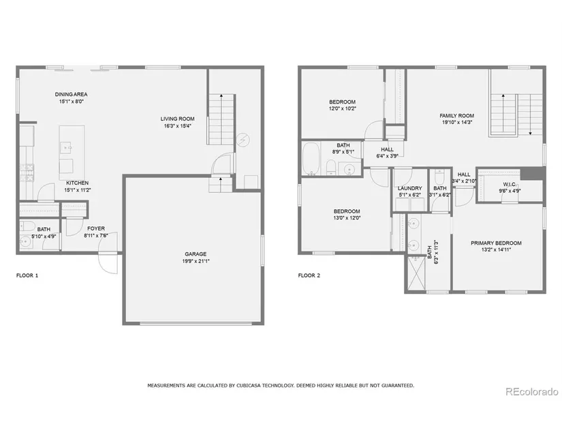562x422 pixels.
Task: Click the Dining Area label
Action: [71, 94]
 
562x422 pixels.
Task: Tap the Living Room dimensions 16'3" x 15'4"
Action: [177, 126]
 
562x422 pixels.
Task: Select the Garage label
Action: [196, 254]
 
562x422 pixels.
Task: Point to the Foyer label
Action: [96, 228]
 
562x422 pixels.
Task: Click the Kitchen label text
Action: [77, 183]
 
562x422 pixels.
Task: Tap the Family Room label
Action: [456, 115]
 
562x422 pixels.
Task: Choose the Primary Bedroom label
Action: [496, 243]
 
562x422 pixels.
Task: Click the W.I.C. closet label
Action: [510, 185]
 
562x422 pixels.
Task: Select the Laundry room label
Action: [409, 188]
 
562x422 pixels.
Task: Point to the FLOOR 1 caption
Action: [27, 275]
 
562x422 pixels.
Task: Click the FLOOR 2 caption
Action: [309, 275]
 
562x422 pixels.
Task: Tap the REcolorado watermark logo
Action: [532, 391]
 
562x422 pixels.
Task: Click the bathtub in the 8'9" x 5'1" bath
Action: [311, 159]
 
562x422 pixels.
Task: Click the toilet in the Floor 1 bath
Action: [27, 226]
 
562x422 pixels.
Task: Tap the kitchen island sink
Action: [66, 147]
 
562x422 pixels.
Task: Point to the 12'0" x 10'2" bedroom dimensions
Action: [343, 108]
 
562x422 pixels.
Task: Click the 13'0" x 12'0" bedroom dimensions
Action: [347, 218]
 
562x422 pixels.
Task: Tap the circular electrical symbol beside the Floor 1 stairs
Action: [243, 140]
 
